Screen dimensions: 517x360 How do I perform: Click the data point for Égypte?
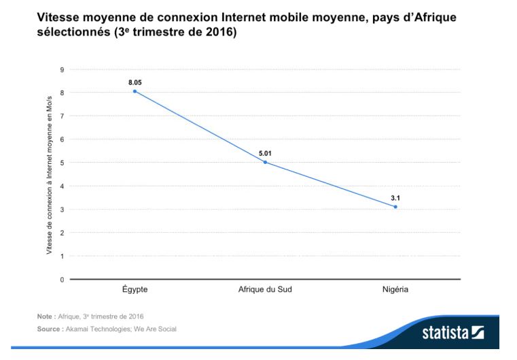click(135, 91)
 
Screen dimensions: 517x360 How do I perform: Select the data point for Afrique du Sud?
click(265, 162)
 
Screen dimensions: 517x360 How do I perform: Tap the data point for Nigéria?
click(395, 207)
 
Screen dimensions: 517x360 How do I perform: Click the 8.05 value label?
click(135, 82)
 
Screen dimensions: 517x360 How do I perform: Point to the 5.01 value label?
click(265, 153)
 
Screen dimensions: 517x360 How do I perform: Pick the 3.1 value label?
click(395, 198)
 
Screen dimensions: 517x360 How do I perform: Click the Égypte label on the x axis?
click(135, 289)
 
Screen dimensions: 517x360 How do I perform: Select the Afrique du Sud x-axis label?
click(265, 290)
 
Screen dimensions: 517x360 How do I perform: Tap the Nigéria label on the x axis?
click(395, 290)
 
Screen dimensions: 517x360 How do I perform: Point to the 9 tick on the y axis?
click(62, 69)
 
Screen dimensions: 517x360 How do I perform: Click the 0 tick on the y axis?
click(62, 280)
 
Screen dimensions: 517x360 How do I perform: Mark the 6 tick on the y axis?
click(62, 140)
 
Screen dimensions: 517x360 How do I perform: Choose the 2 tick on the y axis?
click(62, 233)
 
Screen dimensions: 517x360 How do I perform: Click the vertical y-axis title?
click(49, 175)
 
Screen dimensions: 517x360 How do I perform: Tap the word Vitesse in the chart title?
click(58, 17)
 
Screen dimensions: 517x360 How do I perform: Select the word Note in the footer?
click(45, 316)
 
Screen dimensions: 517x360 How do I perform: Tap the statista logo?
click(453, 333)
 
